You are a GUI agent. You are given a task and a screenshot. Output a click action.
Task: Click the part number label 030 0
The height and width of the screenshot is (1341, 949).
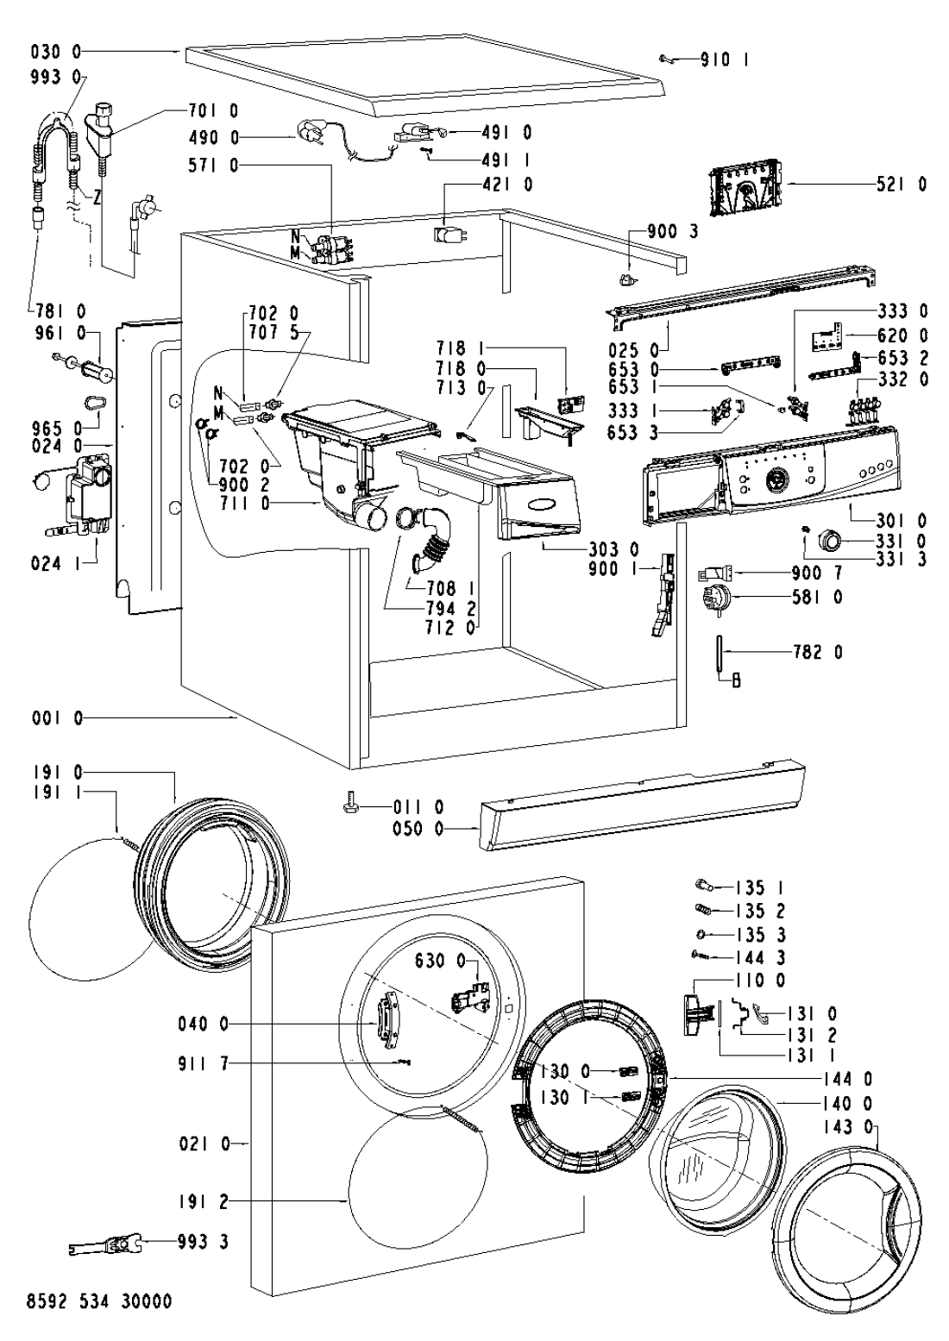click(x=56, y=52)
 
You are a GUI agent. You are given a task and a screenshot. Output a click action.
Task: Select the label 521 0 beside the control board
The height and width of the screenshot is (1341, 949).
click(x=902, y=185)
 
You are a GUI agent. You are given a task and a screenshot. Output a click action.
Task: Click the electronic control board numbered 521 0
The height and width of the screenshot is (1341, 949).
click(x=748, y=191)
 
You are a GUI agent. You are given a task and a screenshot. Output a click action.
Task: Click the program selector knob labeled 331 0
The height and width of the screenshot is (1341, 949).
click(x=831, y=541)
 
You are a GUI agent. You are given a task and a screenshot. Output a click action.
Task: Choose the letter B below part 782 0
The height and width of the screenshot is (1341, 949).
click(x=737, y=680)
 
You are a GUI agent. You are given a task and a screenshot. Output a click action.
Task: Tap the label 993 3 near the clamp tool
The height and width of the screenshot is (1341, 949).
click(x=204, y=1242)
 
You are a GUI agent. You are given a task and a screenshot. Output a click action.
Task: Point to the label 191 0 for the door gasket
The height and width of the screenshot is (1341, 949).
click(x=57, y=773)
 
